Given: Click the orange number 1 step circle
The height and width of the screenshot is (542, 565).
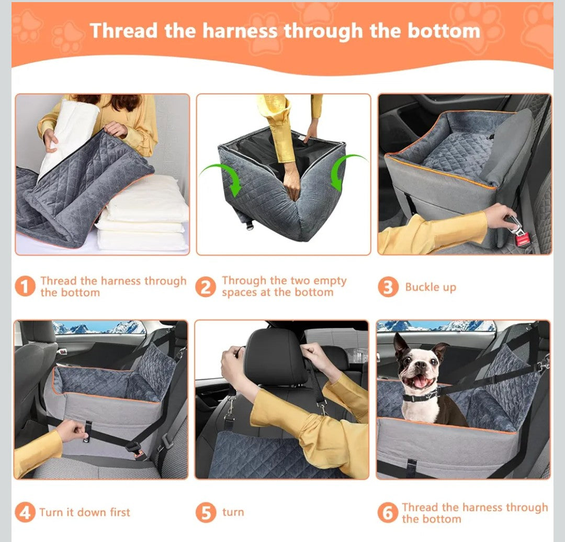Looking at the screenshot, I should (25, 286).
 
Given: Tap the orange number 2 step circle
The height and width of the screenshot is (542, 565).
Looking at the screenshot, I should (206, 286).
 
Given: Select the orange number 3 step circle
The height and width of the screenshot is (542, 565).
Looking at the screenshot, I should (388, 287).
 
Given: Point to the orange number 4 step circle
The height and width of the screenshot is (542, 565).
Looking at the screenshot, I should (25, 512).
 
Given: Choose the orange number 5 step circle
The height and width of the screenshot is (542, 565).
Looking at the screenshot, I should (206, 512).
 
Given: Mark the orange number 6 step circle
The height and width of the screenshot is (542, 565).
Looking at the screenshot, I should (388, 513).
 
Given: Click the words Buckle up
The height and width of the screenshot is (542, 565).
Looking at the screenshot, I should (431, 287).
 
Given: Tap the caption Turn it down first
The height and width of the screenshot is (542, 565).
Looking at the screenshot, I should (85, 512).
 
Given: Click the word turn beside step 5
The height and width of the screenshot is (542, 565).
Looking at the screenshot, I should (233, 512).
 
